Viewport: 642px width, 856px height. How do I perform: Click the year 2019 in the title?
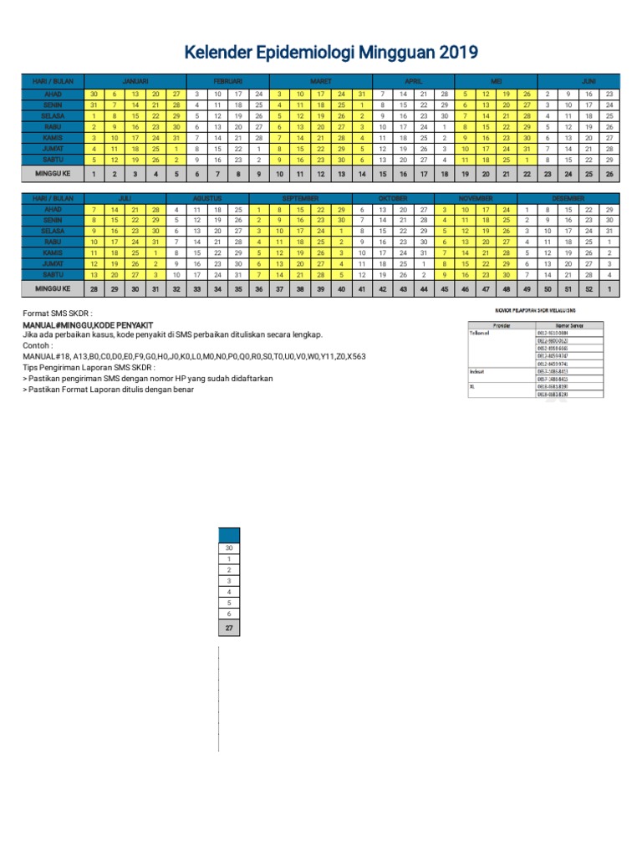click(x=456, y=53)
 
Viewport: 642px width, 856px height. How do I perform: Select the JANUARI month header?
click(x=135, y=81)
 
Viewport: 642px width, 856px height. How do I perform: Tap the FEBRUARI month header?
click(x=227, y=81)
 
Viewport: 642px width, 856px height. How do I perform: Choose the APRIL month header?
click(x=414, y=81)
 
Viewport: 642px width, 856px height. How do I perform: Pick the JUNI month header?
click(x=588, y=81)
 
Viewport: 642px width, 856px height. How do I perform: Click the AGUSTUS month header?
click(x=206, y=199)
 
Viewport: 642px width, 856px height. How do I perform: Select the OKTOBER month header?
click(x=393, y=199)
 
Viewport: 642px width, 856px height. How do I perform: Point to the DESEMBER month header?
click(x=568, y=199)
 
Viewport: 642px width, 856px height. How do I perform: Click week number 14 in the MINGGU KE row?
click(x=361, y=174)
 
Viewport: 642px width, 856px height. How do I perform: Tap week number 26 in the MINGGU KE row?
click(x=609, y=174)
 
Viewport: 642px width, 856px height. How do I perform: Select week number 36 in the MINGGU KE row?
click(x=259, y=288)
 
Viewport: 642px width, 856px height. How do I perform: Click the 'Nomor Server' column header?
click(x=568, y=324)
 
